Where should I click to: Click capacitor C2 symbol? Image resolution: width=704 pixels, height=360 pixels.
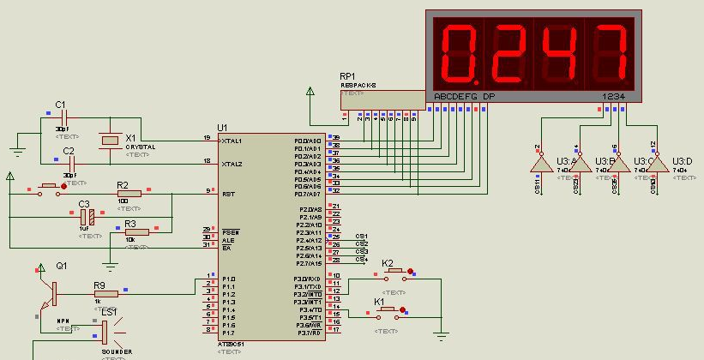pyautogui.click(x=72, y=161)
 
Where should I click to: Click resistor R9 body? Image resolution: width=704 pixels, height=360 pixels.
pyautogui.click(x=106, y=291)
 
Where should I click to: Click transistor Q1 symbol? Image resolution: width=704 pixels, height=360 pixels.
pyautogui.click(x=50, y=291)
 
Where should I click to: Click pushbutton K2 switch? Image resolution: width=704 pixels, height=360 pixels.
pyautogui.click(x=395, y=273)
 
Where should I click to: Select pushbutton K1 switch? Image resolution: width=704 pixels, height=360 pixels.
pyautogui.click(x=387, y=310)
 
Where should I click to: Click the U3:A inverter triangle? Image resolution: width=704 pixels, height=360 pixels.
pyautogui.click(x=540, y=163)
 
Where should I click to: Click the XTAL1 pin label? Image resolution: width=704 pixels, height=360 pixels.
pyautogui.click(x=232, y=141)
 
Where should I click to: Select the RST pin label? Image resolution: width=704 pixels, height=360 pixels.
pyautogui.click(x=228, y=195)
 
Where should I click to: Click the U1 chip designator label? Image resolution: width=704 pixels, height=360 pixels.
pyautogui.click(x=223, y=127)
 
